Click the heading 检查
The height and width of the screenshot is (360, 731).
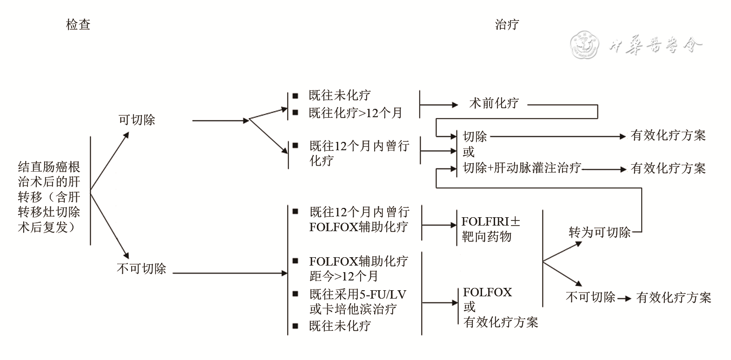pyautogui.click(x=78, y=25)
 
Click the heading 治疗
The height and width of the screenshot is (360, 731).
pyautogui.click(x=507, y=25)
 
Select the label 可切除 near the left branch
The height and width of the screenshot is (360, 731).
pyautogui.click(x=136, y=120)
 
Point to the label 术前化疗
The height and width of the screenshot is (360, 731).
pyautogui.click(x=494, y=103)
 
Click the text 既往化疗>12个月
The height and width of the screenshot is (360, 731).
pyautogui.click(x=355, y=113)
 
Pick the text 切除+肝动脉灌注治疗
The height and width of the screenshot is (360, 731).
pyautogui.click(x=522, y=168)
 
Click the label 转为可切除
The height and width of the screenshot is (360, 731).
pyautogui.click(x=599, y=232)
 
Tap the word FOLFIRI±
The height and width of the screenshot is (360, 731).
pyautogui.click(x=491, y=221)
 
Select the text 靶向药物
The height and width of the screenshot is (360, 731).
pyautogui.click(x=486, y=237)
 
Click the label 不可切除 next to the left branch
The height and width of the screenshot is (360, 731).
pyautogui.click(x=141, y=269)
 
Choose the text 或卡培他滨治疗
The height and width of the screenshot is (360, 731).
pyautogui.click(x=353, y=309)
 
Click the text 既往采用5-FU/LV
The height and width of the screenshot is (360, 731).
pyautogui.click(x=357, y=294)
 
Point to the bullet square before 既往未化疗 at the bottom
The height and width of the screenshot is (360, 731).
pyautogui.click(x=295, y=326)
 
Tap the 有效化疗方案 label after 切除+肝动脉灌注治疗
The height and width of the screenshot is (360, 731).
pyautogui.click(x=668, y=168)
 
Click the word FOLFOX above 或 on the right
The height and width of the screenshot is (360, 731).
pyautogui.click(x=487, y=293)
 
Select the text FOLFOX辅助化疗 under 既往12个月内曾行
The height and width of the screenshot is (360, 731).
pyautogui.click(x=359, y=227)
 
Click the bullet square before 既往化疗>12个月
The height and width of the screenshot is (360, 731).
pyautogui.click(x=295, y=113)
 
